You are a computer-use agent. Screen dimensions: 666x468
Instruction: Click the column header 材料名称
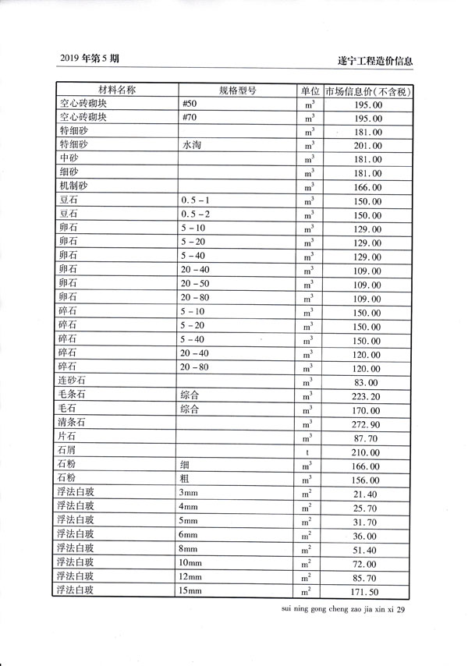click(115, 90)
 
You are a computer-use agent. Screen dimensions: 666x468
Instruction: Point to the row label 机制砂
click(73, 186)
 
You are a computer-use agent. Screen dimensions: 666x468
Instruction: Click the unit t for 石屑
click(310, 452)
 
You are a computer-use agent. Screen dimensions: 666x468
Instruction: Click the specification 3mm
click(188, 494)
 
